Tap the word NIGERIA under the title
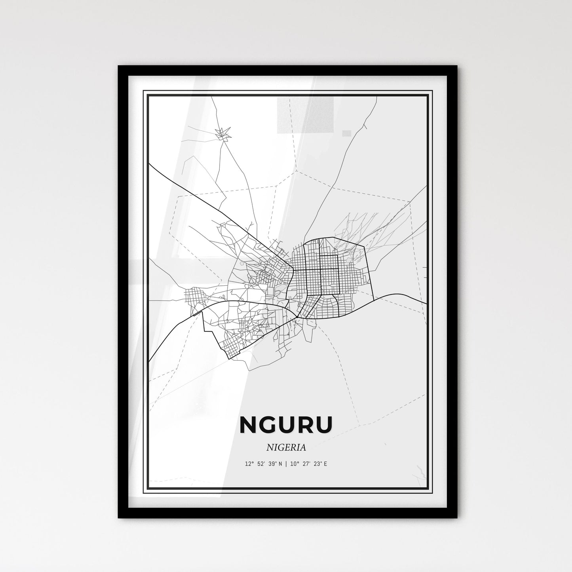tap(286, 448)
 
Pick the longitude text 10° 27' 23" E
tap(309, 464)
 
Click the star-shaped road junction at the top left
tap(222, 133)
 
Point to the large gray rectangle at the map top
tap(306, 115)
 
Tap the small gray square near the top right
tap(346, 133)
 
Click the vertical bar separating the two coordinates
tap(286, 464)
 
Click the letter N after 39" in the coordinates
tap(280, 464)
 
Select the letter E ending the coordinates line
tap(325, 464)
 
